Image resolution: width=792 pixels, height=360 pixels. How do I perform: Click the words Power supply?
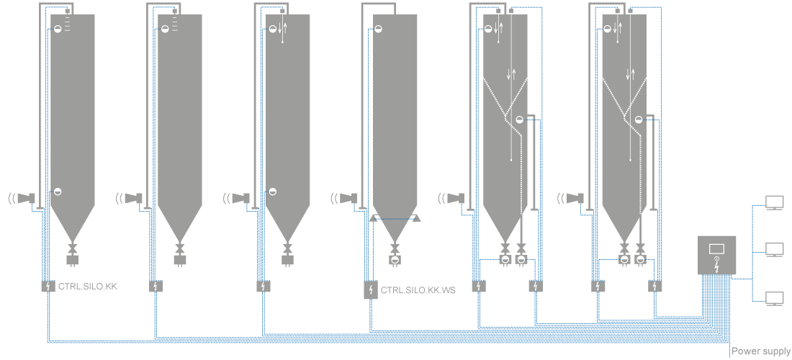pyautogui.click(x=760, y=351)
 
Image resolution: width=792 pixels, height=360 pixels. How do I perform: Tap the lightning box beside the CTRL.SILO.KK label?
pyautogui.click(x=48, y=287)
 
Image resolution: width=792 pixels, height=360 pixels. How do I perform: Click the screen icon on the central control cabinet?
pyautogui.click(x=716, y=249)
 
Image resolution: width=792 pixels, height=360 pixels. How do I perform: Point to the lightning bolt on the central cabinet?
pyautogui.click(x=716, y=264)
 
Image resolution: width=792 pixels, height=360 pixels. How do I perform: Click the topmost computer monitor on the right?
pyautogui.click(x=774, y=202)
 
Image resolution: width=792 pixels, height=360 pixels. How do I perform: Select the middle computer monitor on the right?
pyautogui.click(x=774, y=250)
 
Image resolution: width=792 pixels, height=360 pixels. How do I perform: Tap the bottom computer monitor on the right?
pyautogui.click(x=774, y=298)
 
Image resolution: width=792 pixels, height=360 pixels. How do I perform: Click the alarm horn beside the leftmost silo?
pyautogui.click(x=27, y=197)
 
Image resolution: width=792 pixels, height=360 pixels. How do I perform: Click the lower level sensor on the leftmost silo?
pyautogui.click(x=58, y=192)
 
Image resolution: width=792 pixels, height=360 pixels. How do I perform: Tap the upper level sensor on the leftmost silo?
pyautogui.click(x=58, y=29)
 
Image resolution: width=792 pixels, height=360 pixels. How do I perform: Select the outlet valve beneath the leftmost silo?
pyautogui.click(x=72, y=248)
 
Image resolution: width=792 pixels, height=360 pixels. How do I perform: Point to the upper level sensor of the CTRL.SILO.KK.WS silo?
pyautogui.click(x=378, y=29)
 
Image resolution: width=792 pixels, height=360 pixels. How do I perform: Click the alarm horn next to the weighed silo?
pyautogui.click(x=349, y=197)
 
